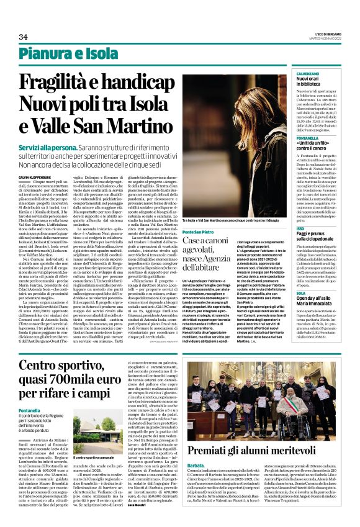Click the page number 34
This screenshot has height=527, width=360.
click(x=24, y=37)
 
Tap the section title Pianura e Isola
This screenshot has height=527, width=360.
click(x=69, y=54)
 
